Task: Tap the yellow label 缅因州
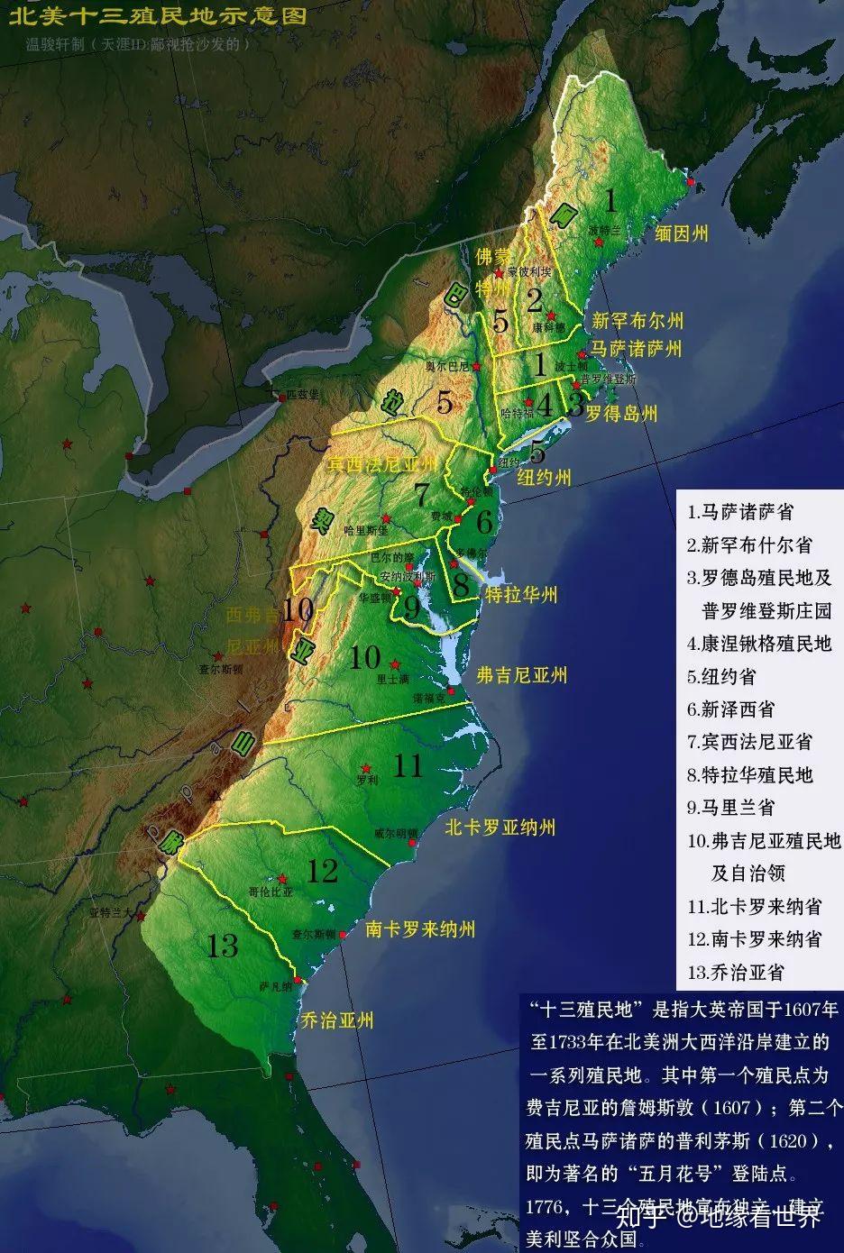coord(682,233)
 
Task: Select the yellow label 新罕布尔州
coord(638,320)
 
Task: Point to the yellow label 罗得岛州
coord(621,414)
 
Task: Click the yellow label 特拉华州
coord(521,594)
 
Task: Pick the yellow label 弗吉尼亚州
coord(521,674)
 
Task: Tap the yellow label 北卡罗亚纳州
coord(499,827)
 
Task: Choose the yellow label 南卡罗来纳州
coord(419,928)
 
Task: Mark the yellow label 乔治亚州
coord(337,1020)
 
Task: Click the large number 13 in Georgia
coord(222,946)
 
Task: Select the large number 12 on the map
coord(322,871)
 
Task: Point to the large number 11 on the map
coord(408,765)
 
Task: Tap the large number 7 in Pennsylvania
coord(422,495)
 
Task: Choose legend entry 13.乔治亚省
coord(735,972)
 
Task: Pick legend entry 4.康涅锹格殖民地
coord(758,644)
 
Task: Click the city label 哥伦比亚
coord(271,891)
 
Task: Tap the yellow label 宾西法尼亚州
coord(381,463)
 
